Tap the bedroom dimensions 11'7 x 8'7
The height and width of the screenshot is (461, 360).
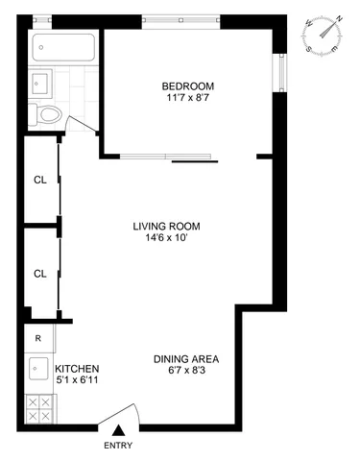(x=186, y=97)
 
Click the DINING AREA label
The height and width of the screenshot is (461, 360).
(x=184, y=360)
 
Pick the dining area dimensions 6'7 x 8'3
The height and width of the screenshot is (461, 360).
(x=184, y=373)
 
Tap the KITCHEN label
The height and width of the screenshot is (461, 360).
(x=77, y=369)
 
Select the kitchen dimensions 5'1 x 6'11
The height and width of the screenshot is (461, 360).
(x=77, y=381)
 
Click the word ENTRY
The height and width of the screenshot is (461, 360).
(x=119, y=446)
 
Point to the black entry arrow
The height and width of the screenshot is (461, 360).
(x=119, y=431)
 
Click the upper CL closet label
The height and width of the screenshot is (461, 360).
(x=39, y=179)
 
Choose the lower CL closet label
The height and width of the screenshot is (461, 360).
(x=39, y=273)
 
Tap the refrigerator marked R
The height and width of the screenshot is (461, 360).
(x=38, y=338)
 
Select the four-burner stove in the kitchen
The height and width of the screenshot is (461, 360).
(x=38, y=409)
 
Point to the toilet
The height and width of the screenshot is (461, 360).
(x=48, y=115)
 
